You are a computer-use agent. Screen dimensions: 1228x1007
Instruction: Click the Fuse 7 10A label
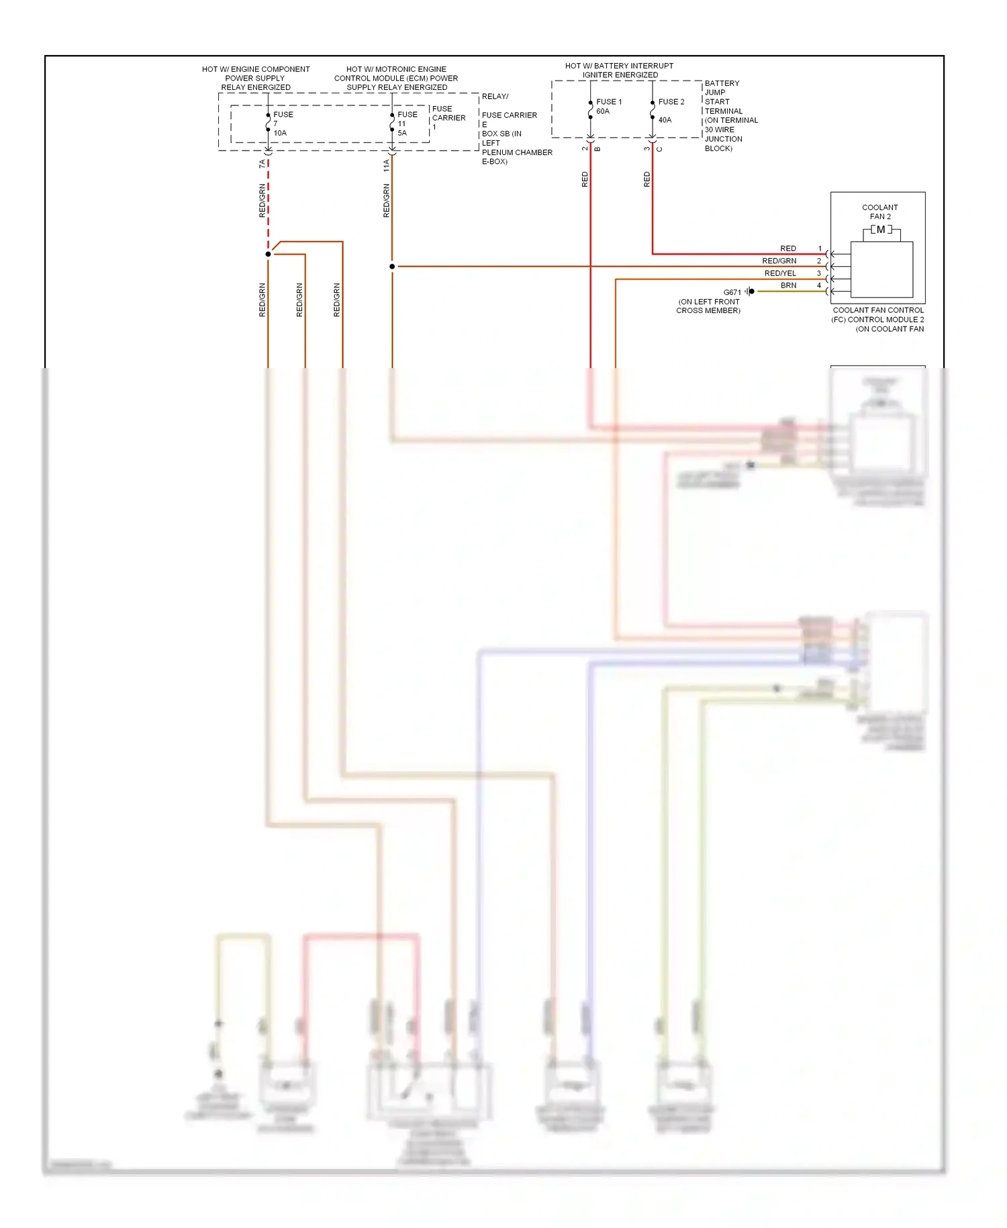(x=282, y=124)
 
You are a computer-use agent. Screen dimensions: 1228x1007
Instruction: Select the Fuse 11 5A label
(x=406, y=124)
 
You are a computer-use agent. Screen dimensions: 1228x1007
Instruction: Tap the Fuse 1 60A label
(x=608, y=106)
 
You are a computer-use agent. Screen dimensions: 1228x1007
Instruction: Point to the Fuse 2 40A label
(x=670, y=110)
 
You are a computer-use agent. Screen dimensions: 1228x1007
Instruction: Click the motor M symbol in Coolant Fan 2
(x=881, y=230)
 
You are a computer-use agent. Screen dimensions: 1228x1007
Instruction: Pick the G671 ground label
(x=732, y=292)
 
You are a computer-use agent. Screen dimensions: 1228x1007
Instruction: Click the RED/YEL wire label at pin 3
(x=780, y=273)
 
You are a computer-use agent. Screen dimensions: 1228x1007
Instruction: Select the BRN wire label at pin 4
(x=788, y=286)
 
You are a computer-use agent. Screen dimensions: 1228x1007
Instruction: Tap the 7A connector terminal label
(x=262, y=163)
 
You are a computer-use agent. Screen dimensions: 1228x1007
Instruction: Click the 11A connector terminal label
(x=386, y=165)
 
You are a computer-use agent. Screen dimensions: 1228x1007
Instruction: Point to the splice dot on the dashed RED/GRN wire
(x=268, y=254)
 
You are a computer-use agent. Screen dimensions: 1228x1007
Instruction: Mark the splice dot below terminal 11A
(x=392, y=267)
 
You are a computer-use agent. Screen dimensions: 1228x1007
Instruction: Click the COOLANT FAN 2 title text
(x=879, y=212)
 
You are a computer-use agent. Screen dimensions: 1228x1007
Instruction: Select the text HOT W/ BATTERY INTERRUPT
(x=619, y=66)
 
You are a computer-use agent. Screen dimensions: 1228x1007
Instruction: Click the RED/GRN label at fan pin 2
(x=779, y=261)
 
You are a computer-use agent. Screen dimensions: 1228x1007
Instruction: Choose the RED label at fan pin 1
(x=788, y=249)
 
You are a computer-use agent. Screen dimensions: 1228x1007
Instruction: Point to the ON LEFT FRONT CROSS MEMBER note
(x=708, y=306)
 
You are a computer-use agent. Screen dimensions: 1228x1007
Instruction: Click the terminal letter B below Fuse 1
(x=597, y=149)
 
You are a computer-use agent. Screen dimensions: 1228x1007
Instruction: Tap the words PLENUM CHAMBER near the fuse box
(x=517, y=152)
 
